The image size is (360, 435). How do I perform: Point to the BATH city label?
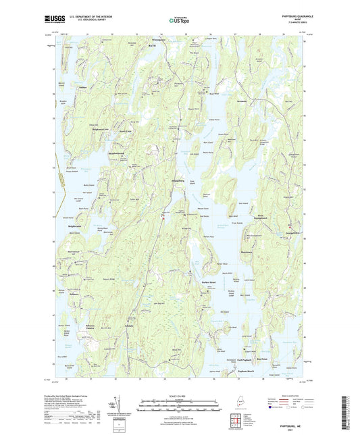pyautogui.click(x=152, y=45)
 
